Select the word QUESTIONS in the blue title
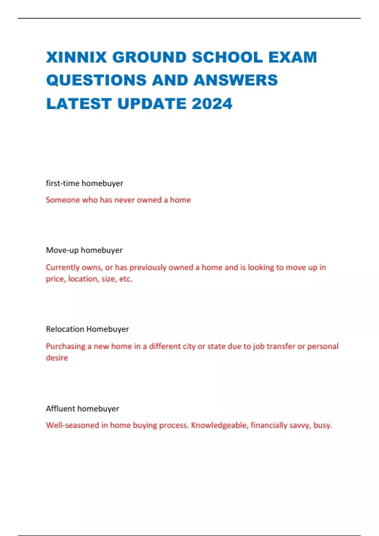(x=96, y=80)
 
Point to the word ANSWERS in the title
(x=236, y=80)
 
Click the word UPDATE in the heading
(x=152, y=104)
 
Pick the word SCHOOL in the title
(x=227, y=57)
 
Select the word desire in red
(x=57, y=358)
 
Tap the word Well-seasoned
(x=72, y=425)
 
